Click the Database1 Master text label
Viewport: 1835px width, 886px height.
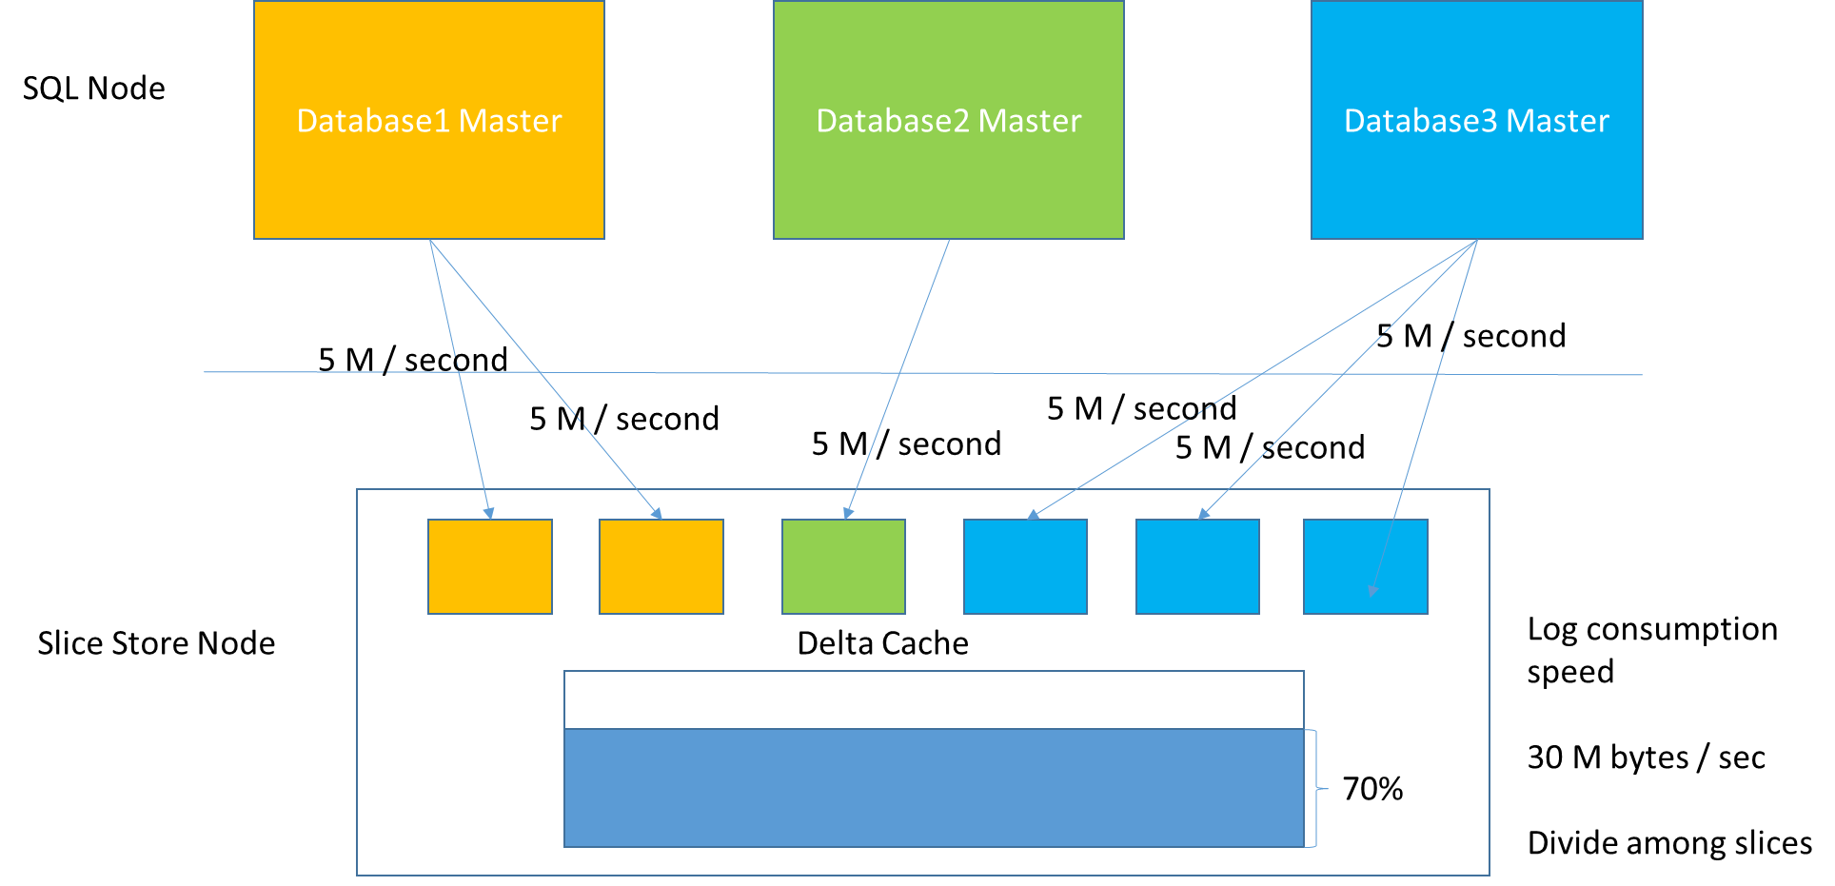tap(429, 122)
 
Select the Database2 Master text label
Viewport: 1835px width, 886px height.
tap(949, 122)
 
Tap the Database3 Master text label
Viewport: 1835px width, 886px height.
tap(1476, 122)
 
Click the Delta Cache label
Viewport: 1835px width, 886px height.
tap(882, 644)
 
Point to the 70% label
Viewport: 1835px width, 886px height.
tap(1372, 789)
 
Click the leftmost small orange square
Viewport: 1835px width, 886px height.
tap(490, 567)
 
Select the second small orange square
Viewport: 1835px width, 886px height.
tap(661, 567)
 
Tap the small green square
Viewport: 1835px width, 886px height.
tap(843, 567)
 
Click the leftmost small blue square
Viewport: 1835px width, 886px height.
tap(1025, 567)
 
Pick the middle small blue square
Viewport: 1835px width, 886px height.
tap(1197, 567)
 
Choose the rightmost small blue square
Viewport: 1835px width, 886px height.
tap(1365, 567)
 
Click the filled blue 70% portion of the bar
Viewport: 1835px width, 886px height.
tap(934, 788)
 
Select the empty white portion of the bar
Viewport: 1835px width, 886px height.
tap(934, 700)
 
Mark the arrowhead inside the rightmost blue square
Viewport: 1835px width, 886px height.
tap(1372, 591)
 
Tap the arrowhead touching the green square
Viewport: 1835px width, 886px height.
tap(848, 513)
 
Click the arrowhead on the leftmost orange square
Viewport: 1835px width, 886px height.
tap(489, 513)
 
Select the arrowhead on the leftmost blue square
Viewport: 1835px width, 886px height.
tap(1033, 515)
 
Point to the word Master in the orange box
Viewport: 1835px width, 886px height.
tap(510, 122)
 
